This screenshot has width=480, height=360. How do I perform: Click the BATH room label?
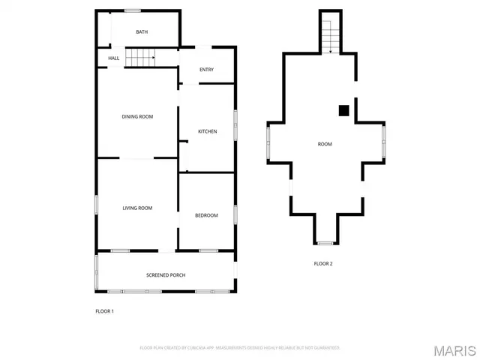coord(142,32)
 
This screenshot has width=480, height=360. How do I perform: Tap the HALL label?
coord(114,58)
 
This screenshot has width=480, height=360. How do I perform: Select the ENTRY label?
coord(206,70)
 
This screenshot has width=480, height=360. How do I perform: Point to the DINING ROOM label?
coord(137,116)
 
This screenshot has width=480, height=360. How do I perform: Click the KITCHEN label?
coord(207,131)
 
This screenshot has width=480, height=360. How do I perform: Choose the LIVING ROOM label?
coord(137,208)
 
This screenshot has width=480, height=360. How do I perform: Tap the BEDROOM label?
coord(206,215)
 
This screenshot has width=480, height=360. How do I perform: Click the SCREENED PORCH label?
coord(165,275)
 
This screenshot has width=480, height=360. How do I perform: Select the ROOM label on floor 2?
coord(325,144)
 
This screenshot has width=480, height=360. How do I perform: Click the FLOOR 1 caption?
coord(104,310)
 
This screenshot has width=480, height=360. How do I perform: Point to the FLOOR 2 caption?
coord(323,263)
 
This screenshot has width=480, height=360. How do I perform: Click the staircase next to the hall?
coord(139,56)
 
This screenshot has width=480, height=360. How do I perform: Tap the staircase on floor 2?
coord(329,34)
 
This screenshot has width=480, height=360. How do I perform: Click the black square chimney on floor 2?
coord(343,111)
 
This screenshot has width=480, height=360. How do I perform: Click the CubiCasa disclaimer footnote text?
coord(240,348)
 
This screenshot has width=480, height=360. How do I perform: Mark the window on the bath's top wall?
coord(133,10)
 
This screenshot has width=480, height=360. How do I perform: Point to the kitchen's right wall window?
coord(235,124)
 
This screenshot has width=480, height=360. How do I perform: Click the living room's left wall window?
coord(96,205)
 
